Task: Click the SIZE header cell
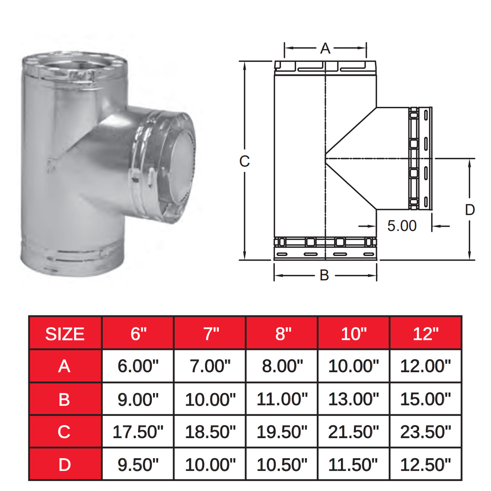(x=65, y=334)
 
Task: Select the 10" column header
(x=354, y=334)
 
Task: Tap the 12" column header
(x=425, y=334)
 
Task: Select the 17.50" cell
(x=138, y=432)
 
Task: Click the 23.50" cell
(x=425, y=432)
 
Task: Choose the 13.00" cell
(x=354, y=399)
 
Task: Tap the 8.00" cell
(x=282, y=366)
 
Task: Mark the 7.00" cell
(x=210, y=366)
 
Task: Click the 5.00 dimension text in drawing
(x=402, y=226)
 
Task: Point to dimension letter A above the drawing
(x=325, y=48)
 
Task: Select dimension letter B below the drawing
(x=324, y=275)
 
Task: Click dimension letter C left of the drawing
(x=244, y=161)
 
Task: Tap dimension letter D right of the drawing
(x=470, y=210)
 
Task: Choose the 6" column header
(x=138, y=334)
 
